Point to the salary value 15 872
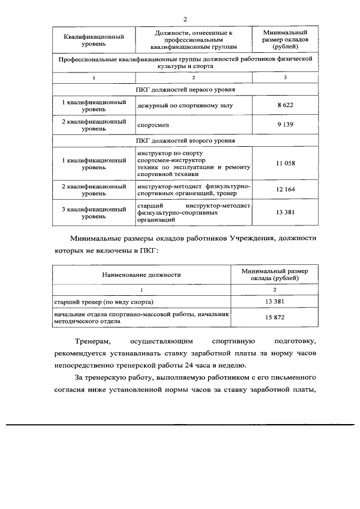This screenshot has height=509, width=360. point(274,318)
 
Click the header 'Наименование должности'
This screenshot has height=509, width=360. point(141,275)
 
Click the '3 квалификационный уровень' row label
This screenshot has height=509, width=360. point(93,212)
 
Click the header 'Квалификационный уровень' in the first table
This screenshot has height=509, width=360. point(93,40)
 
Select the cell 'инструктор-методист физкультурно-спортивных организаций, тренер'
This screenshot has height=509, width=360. point(193,190)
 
